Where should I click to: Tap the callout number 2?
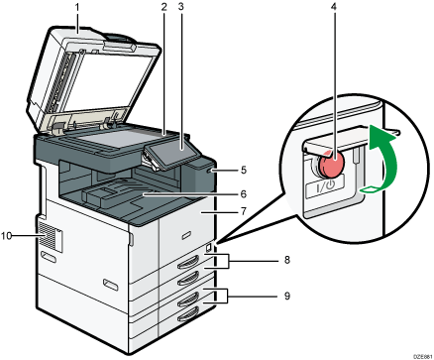click(161, 8)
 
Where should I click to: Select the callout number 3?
click(181, 8)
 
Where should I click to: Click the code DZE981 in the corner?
click(416, 353)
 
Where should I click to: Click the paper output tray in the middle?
click(139, 198)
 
